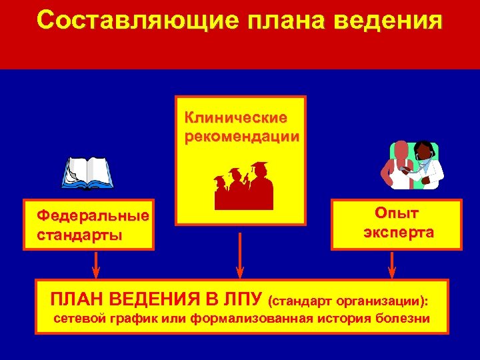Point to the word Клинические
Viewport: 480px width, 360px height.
coord(236,118)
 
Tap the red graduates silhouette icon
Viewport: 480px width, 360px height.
coord(243,185)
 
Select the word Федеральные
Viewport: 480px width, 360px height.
coord(93,217)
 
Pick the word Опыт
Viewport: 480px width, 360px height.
coord(397,213)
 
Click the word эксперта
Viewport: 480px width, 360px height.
coord(398,233)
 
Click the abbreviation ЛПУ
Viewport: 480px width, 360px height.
coord(239,297)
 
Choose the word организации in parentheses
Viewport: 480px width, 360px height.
coord(386,300)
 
